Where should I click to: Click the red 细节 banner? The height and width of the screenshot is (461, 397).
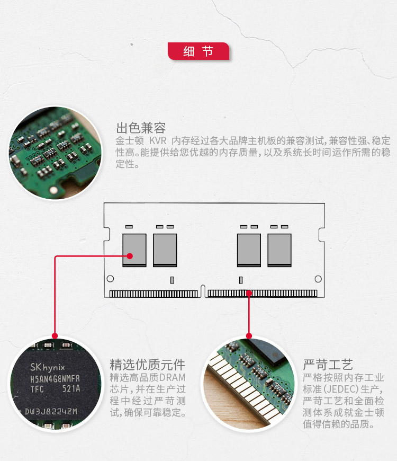pos(198,51)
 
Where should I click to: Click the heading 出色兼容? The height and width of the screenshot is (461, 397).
pos(141,128)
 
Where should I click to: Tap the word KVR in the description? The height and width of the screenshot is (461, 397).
pos(158,140)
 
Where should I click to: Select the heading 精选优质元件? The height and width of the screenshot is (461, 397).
pos(147,365)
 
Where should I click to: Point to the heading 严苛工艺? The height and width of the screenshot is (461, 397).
pos(328,365)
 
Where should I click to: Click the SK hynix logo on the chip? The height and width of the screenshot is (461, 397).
pos(48,367)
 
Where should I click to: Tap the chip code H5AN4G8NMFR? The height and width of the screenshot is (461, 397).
pos(55,379)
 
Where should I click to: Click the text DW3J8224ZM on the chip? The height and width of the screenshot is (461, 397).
pos(51,411)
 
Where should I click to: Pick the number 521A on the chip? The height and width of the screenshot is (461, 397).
pos(71,389)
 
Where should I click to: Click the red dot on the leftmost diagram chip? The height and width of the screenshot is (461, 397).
pos(130,256)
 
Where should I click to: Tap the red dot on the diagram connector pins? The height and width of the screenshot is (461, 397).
pos(249,293)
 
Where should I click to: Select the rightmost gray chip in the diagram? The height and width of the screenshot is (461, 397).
pos(279,250)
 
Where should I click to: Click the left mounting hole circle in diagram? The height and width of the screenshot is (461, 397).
pos(110,278)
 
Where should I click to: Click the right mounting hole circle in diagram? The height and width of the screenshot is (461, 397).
pos(318,279)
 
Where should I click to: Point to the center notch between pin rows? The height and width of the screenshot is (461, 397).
pos(203,291)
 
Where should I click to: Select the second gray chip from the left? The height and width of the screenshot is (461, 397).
pos(165,250)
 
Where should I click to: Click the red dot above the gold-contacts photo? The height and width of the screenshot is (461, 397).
pos(249,336)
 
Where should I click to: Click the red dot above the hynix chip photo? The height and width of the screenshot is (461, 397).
pos(55,336)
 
